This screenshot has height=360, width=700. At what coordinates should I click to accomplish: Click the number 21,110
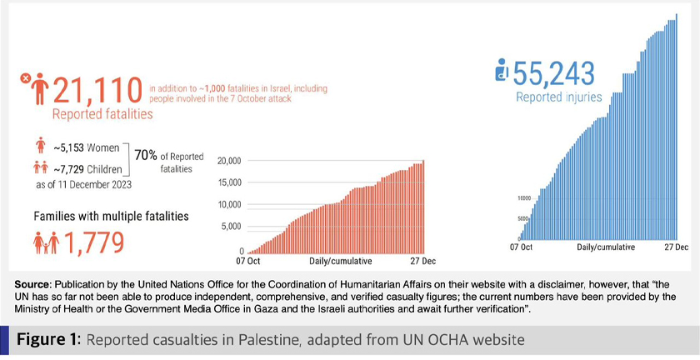tap(98, 88)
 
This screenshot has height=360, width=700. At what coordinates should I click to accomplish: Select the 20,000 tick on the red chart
tap(227, 161)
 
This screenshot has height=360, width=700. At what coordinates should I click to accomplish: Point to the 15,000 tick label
tap(227, 182)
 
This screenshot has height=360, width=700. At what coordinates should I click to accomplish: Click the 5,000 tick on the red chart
tap(230, 226)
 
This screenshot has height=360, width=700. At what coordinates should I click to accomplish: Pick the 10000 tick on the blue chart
tap(524, 198)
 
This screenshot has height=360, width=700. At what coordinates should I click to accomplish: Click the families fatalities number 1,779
tap(93, 242)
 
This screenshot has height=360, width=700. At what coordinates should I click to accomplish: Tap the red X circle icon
tap(25, 79)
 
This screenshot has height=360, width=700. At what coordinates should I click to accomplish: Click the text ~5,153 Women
tap(86, 150)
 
